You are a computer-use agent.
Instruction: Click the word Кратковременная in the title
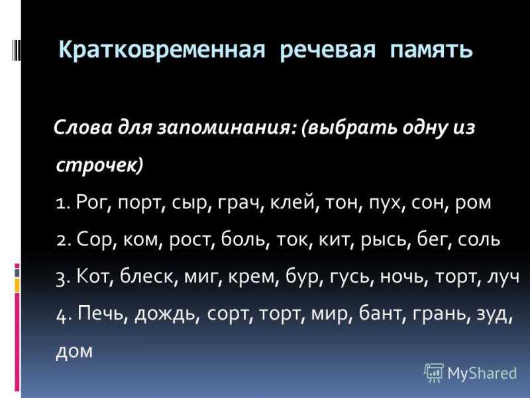click(162, 50)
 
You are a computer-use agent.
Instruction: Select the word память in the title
click(431, 51)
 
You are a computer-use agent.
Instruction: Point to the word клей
click(293, 202)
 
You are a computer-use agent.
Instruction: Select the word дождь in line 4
click(165, 314)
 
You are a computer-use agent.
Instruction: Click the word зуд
click(494, 314)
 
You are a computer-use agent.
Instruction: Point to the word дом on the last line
click(74, 352)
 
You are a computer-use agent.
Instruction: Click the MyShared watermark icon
click(434, 373)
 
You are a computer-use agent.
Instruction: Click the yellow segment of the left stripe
click(17, 285)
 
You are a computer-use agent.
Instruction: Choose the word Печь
click(102, 314)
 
